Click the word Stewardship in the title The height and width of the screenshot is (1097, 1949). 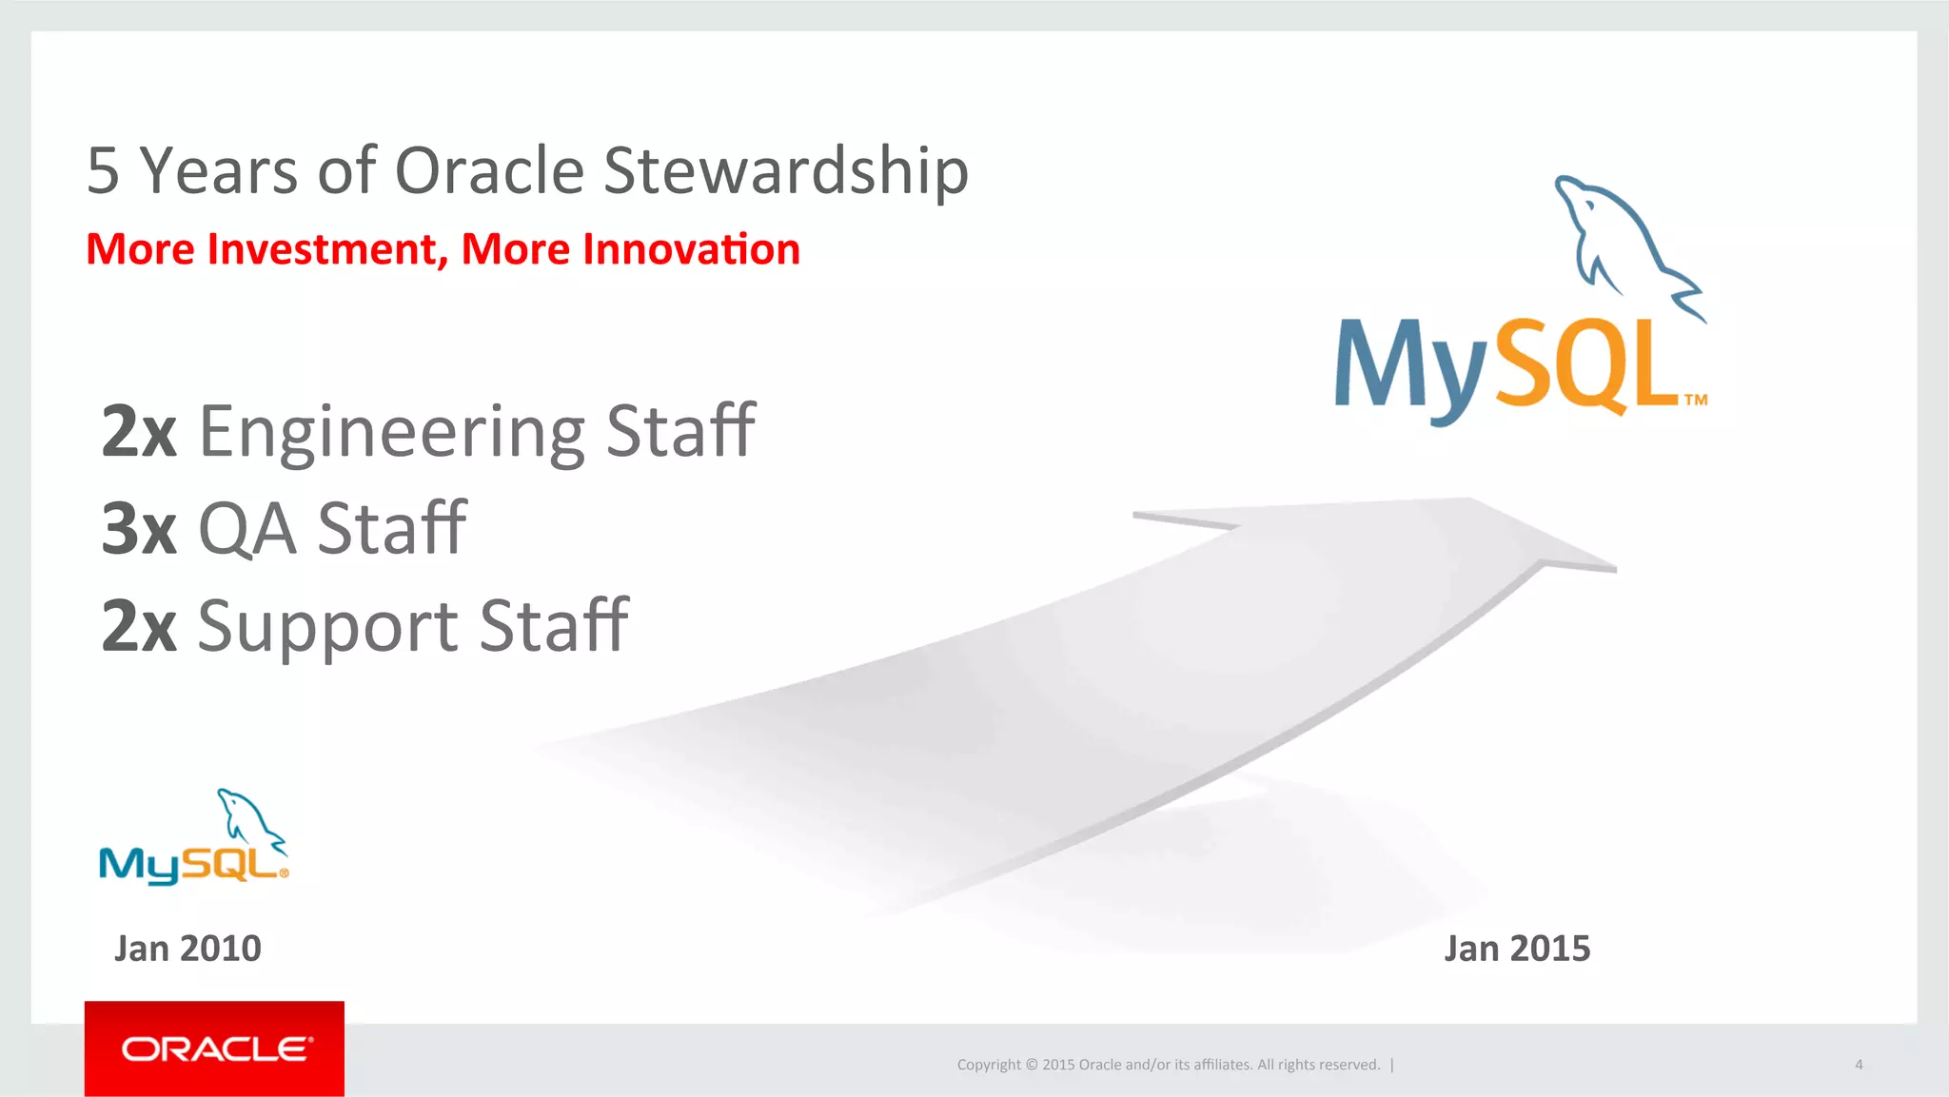786,171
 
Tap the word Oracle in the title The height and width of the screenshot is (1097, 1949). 489,171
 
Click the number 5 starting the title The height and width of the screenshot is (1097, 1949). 103,171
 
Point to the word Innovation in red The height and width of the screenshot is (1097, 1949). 691,249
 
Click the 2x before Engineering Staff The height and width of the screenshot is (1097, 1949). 139,432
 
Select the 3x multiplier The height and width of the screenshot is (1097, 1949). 139,529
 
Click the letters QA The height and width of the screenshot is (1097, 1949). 246,529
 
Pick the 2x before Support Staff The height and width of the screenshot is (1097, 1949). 139,626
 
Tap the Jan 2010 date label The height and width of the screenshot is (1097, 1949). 187,949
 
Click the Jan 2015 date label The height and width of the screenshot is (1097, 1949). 1517,949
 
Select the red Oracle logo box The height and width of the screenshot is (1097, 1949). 214,1048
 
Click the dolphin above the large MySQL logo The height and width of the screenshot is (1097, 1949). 1625,243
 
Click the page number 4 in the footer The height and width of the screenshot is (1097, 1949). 1859,1065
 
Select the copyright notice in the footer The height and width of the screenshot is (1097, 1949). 1168,1065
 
